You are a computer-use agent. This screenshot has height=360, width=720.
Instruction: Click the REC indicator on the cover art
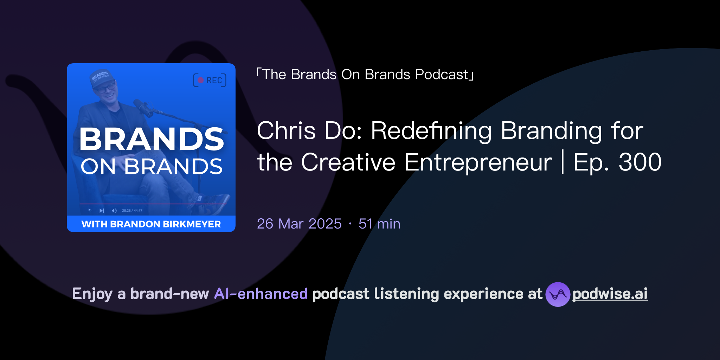[x=210, y=80]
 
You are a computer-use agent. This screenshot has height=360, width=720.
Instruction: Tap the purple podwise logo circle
[x=558, y=294]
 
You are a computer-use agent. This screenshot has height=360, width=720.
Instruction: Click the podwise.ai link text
[x=610, y=294]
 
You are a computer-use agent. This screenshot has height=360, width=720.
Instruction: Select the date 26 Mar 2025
[x=299, y=224]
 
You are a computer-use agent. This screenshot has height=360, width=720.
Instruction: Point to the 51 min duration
[x=379, y=224]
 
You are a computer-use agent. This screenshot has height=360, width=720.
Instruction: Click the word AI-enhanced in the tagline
[x=261, y=294]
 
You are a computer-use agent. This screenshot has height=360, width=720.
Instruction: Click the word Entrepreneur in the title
[x=478, y=162]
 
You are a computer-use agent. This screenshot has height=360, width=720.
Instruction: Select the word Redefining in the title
[x=431, y=131]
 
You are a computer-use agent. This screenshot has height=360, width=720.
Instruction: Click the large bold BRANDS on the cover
[x=151, y=139]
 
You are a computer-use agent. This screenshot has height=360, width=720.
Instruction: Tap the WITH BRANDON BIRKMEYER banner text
[x=151, y=224]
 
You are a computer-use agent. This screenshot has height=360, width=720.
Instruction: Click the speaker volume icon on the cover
[x=114, y=211]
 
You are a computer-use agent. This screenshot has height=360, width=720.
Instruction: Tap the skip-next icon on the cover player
[x=102, y=211]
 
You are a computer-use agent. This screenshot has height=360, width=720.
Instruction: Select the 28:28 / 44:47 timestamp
[x=132, y=211]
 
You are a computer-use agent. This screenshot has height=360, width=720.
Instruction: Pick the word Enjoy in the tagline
[x=92, y=294]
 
